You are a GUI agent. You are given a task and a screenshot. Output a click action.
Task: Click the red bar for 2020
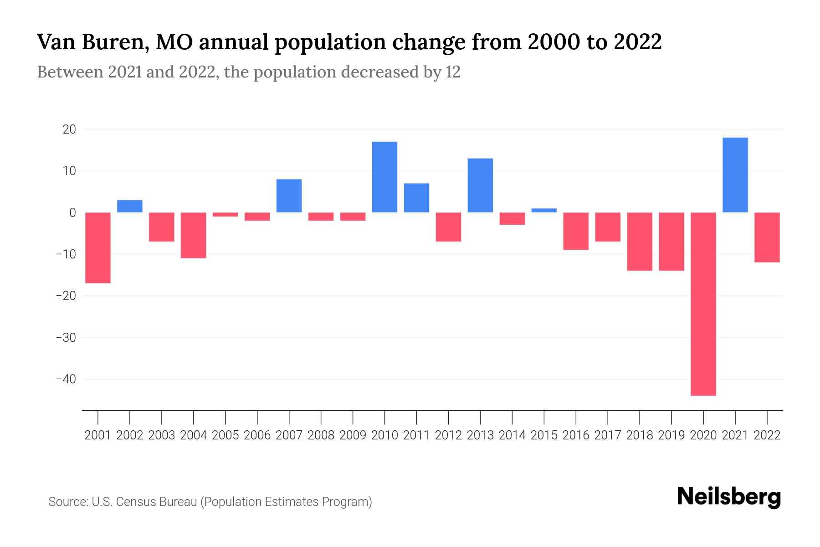(703, 304)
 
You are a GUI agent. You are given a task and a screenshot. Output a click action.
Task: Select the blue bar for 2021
(735, 175)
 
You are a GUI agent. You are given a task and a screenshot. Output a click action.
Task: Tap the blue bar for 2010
(384, 177)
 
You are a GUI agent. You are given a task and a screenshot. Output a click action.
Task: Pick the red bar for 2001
(98, 248)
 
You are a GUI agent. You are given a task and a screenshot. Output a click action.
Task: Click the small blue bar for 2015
(544, 211)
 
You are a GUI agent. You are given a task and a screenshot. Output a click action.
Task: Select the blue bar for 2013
(480, 186)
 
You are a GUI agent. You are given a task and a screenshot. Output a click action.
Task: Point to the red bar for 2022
(767, 237)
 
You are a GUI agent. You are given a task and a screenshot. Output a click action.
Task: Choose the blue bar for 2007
(289, 196)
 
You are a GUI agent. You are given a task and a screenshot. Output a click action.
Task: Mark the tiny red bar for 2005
(225, 214)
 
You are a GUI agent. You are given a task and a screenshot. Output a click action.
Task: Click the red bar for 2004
(194, 235)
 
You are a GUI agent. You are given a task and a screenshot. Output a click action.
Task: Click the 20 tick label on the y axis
(69, 129)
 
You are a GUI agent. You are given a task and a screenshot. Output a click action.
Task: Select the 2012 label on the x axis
(448, 435)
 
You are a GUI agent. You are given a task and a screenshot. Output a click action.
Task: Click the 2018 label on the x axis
(640, 435)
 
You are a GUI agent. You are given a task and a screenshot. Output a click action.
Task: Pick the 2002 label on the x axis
(130, 435)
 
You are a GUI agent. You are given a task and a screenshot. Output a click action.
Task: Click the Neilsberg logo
(729, 497)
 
